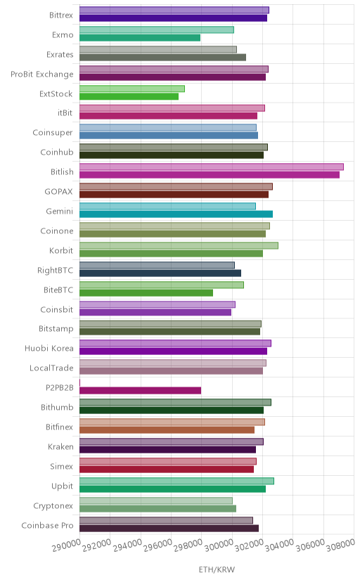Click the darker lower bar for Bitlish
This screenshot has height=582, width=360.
(x=210, y=175)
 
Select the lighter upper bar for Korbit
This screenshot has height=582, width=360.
(x=179, y=246)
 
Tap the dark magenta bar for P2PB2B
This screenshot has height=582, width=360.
(x=141, y=391)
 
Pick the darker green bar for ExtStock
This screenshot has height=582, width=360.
(x=129, y=96)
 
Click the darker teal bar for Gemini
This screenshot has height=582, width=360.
(x=176, y=214)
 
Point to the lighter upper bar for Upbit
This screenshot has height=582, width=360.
(x=176, y=481)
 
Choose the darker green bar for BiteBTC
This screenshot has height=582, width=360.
(x=146, y=293)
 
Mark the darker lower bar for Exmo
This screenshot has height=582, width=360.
(x=140, y=38)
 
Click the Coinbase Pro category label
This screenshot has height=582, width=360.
(x=48, y=526)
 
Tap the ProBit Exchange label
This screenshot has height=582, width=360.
(x=42, y=75)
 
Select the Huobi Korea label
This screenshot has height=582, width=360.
(x=49, y=349)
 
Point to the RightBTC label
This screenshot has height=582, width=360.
(x=56, y=270)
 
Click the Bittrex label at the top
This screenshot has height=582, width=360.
(x=61, y=15)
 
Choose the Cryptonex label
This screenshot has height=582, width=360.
(x=53, y=506)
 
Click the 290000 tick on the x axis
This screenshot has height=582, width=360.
(x=66, y=545)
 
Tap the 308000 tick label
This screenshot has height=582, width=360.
(x=341, y=545)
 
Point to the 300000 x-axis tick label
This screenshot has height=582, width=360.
(x=219, y=545)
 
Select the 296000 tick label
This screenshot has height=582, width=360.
(x=157, y=545)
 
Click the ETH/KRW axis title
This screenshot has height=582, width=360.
(x=217, y=570)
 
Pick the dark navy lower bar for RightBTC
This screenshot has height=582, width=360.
(x=160, y=273)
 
